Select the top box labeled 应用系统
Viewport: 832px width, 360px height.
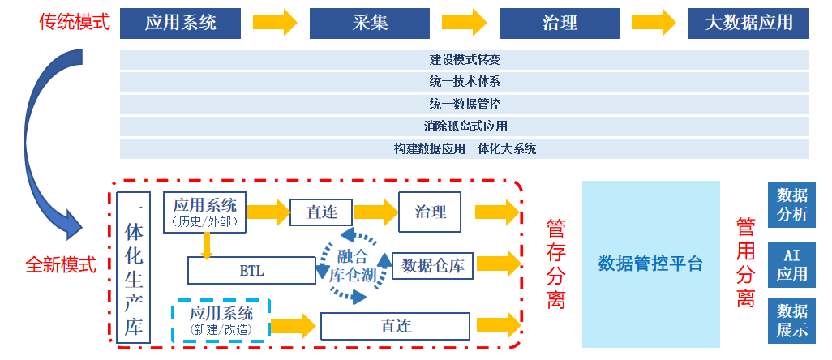181,23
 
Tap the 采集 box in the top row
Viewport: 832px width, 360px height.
370,23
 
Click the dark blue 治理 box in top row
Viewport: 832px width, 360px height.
559,23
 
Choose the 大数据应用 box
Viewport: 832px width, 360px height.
748,23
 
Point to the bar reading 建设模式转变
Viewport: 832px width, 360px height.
464,60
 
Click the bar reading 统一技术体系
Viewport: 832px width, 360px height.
464,82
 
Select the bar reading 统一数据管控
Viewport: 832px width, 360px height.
464,105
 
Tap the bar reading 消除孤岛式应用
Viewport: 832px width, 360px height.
464,126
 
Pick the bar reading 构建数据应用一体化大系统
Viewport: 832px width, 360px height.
464,149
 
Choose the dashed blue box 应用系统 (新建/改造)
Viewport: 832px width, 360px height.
221,320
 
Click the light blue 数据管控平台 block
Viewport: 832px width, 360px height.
650,263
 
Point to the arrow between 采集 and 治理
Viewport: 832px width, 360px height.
464,23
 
